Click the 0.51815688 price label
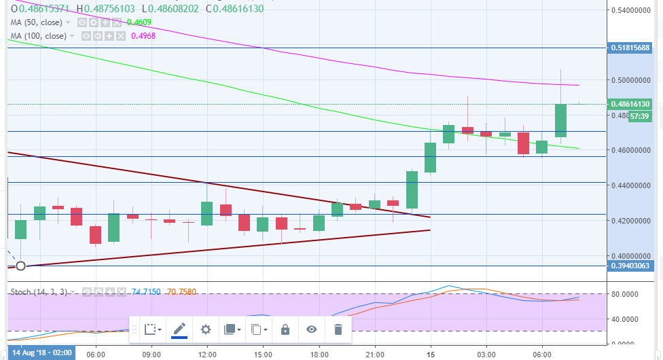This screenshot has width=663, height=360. tap(634, 48)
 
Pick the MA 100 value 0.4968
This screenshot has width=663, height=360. tap(145, 35)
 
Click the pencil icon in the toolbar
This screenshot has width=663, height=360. tap(179, 329)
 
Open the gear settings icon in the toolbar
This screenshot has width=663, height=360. tap(206, 329)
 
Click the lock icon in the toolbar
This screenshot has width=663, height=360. tap(285, 329)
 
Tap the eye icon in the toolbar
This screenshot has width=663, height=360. tap(312, 329)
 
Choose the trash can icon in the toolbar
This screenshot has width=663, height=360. tap(338, 329)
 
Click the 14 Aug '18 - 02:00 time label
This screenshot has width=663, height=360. tap(41, 355)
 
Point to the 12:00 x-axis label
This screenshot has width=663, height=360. tap(207, 355)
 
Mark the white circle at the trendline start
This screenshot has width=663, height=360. tap(20, 265)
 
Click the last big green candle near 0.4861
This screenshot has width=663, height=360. tap(560, 120)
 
